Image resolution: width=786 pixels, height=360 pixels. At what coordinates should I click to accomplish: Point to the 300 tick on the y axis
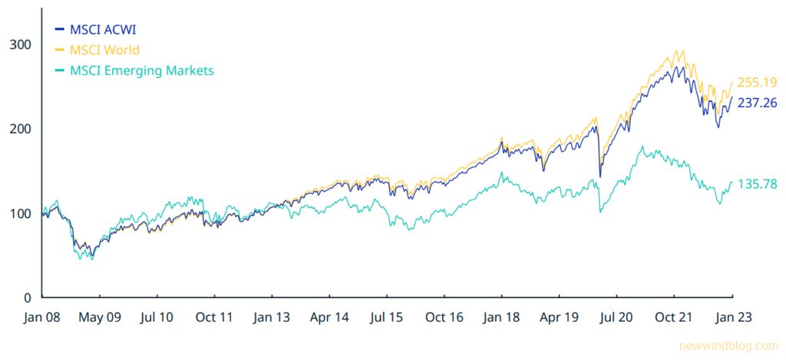tap(20, 44)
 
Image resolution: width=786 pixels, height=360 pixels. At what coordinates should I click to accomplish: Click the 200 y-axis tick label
tap(20, 128)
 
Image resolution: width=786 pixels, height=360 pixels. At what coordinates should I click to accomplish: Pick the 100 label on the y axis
tap(20, 213)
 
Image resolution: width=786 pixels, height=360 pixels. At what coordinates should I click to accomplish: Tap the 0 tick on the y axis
tap(27, 297)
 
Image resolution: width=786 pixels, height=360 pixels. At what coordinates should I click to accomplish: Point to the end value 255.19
tap(757, 83)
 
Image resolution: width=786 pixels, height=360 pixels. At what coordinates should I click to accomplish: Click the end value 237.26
tap(757, 102)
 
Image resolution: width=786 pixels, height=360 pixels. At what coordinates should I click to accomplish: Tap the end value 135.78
tap(757, 184)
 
